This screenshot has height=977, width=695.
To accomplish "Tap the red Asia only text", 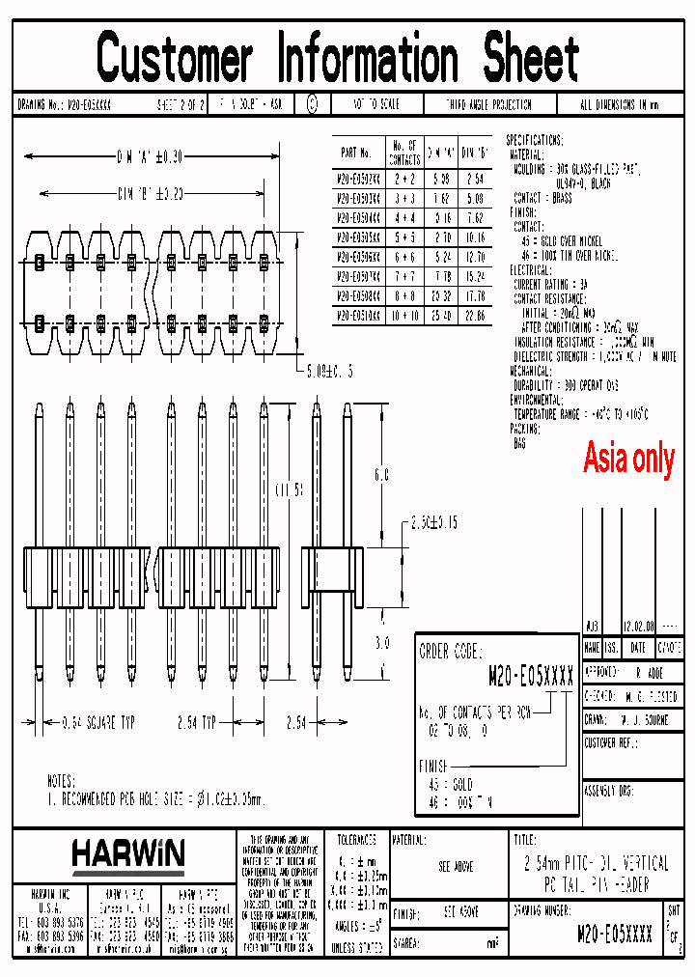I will tap(628, 459).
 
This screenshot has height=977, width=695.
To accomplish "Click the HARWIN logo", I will tap(127, 853).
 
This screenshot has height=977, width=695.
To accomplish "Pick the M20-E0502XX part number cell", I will tap(357, 179).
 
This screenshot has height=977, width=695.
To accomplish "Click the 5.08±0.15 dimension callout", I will tap(327, 371).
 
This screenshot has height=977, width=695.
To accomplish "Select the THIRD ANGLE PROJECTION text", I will tap(488, 105).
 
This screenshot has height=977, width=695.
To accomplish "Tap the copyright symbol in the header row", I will tap(312, 104).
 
